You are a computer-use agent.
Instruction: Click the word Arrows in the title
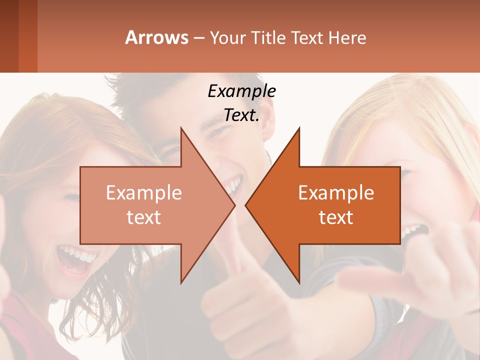click(x=156, y=37)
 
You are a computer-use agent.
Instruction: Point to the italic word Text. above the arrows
click(x=241, y=115)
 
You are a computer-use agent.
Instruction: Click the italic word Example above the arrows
click(x=241, y=91)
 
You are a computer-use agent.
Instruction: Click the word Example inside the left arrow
click(x=144, y=192)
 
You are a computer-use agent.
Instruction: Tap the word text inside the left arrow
click(x=144, y=217)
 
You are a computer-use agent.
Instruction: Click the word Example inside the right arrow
click(x=336, y=192)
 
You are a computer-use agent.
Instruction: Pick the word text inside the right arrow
click(x=336, y=217)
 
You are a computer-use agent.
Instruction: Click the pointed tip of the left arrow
click(x=234, y=205)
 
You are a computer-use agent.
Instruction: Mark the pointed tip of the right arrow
click(x=246, y=205)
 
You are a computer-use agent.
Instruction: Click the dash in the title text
click(x=198, y=38)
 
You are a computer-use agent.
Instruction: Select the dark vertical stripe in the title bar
click(x=9, y=36)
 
